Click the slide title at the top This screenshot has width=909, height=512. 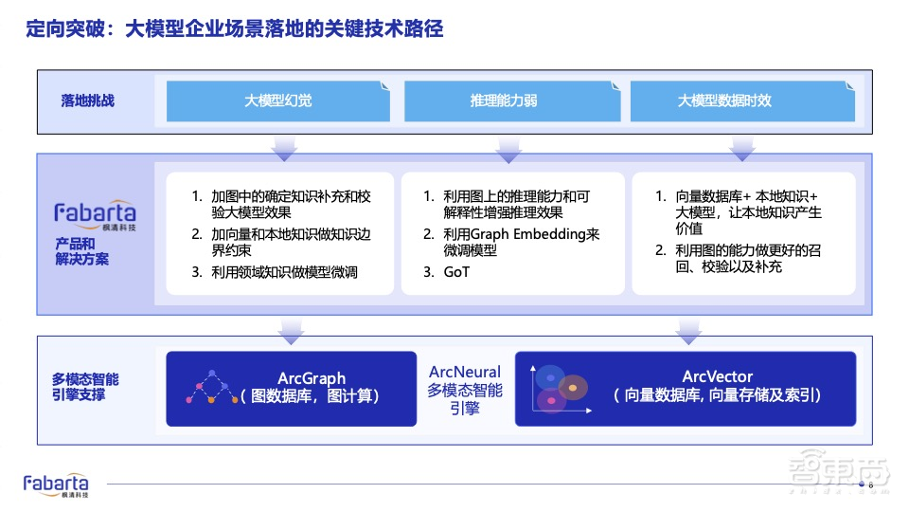pos(233,29)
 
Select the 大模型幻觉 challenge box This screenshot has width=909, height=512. pos(278,101)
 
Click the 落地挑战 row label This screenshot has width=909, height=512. pos(88,101)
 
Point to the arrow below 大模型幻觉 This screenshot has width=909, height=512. pos(285,149)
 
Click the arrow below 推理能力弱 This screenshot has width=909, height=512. pos(508,149)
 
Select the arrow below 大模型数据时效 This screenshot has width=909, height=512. pos(741,149)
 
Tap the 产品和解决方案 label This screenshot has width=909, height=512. pos(81,250)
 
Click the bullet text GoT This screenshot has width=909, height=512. pos(456,272)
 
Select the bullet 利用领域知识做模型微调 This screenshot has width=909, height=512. pos(284,272)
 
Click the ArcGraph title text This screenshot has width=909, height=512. pos(312,377)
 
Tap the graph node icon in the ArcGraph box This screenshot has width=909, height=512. pos(214,388)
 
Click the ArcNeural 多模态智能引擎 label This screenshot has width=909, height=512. pos(465,390)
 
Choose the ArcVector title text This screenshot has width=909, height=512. pos(717,377)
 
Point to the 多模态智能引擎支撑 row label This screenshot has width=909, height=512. pos(85,387)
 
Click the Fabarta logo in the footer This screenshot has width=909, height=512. pos(56,485)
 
